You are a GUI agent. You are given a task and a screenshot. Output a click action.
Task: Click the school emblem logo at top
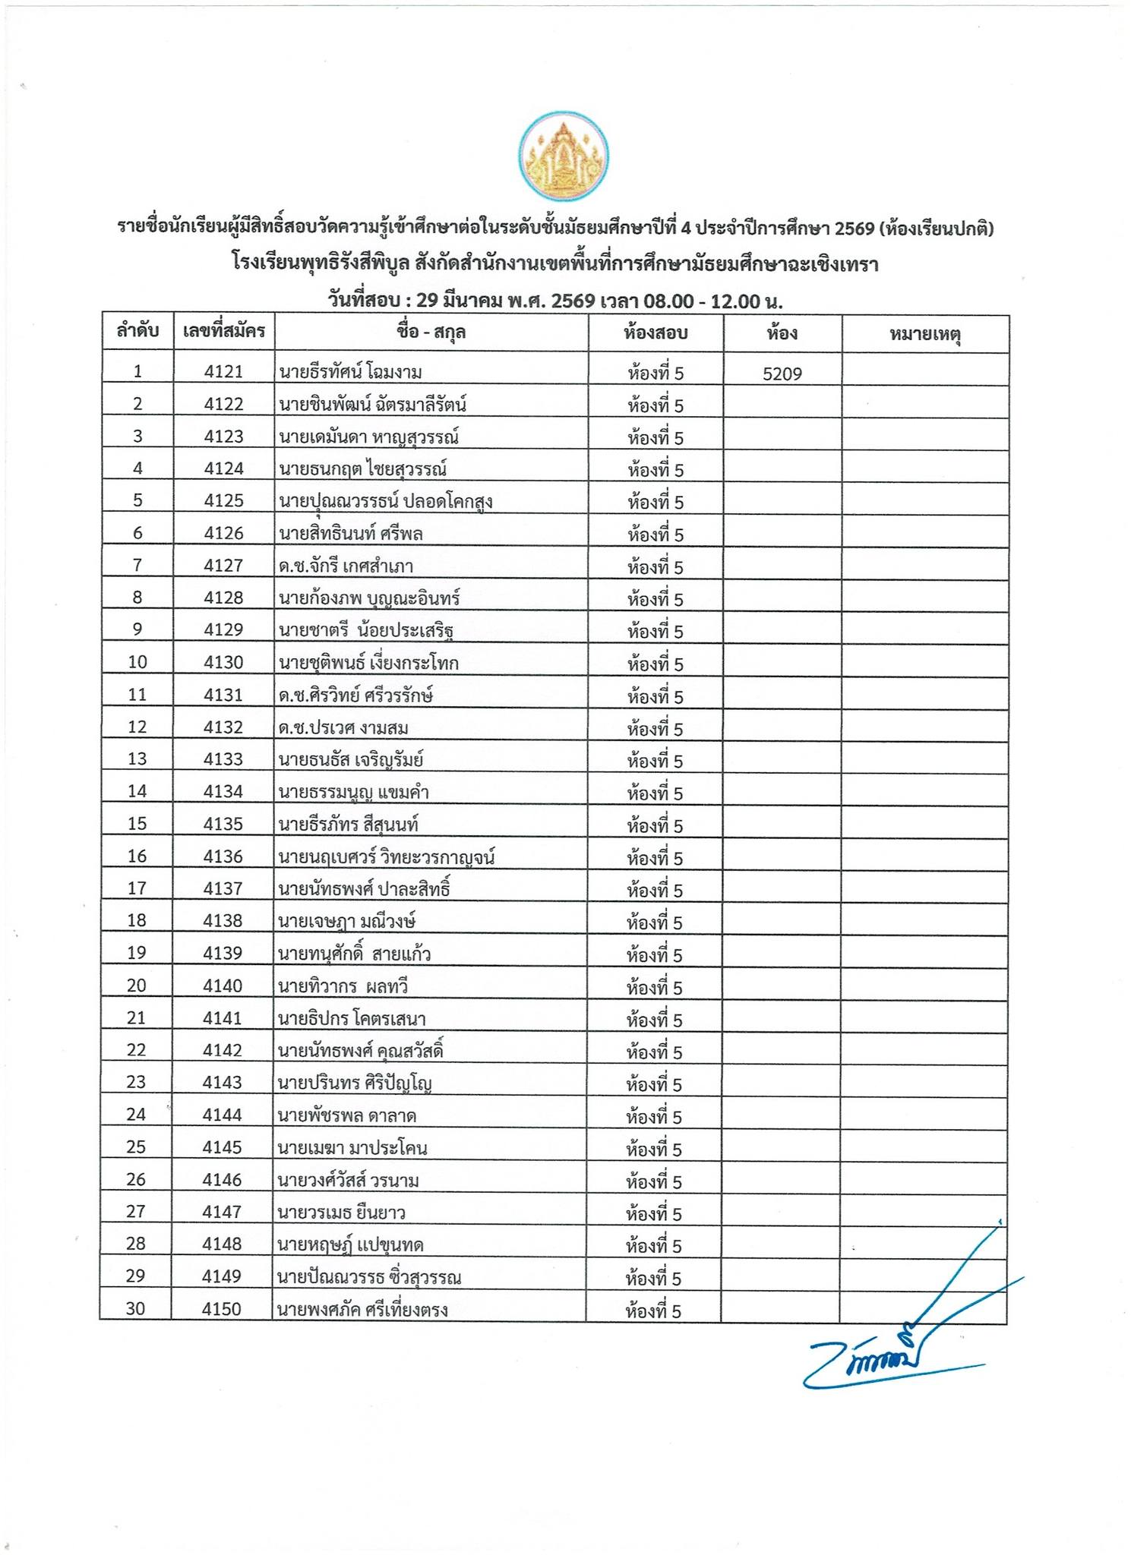pos(564,157)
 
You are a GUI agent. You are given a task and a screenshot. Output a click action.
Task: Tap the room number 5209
pos(782,374)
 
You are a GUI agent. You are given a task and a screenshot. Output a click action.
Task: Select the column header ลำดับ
pos(137,331)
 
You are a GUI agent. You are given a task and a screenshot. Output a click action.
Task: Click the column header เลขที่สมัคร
pos(224,331)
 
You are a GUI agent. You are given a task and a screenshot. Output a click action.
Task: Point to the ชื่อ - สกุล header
pos(431,332)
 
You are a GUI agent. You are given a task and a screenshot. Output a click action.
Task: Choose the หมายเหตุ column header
pos(925,333)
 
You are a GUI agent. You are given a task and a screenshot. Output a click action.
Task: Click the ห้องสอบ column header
pos(656,333)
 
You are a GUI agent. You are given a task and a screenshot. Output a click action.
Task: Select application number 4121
pos(224,372)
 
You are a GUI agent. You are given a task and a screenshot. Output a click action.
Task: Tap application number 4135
pos(223,824)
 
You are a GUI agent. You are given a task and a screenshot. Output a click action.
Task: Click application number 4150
pos(222,1309)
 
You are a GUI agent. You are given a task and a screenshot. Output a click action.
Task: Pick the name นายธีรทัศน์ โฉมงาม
pos(350,372)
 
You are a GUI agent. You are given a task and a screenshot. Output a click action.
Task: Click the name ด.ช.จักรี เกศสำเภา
pos(346,566)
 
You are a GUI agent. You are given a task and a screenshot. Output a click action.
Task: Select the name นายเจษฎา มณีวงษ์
pos(346,922)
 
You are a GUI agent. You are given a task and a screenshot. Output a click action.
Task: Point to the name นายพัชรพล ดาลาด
pos(346,1115)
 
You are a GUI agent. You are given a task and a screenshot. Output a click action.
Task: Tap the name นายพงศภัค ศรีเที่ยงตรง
pos(362,1310)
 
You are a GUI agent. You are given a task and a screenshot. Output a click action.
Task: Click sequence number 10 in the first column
pos(137,662)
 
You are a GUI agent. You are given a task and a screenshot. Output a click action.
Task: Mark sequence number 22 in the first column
pos(136,1050)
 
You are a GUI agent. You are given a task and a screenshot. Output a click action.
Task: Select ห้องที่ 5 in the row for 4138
pos(655,923)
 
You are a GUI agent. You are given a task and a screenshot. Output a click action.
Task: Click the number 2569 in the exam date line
pos(573,301)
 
